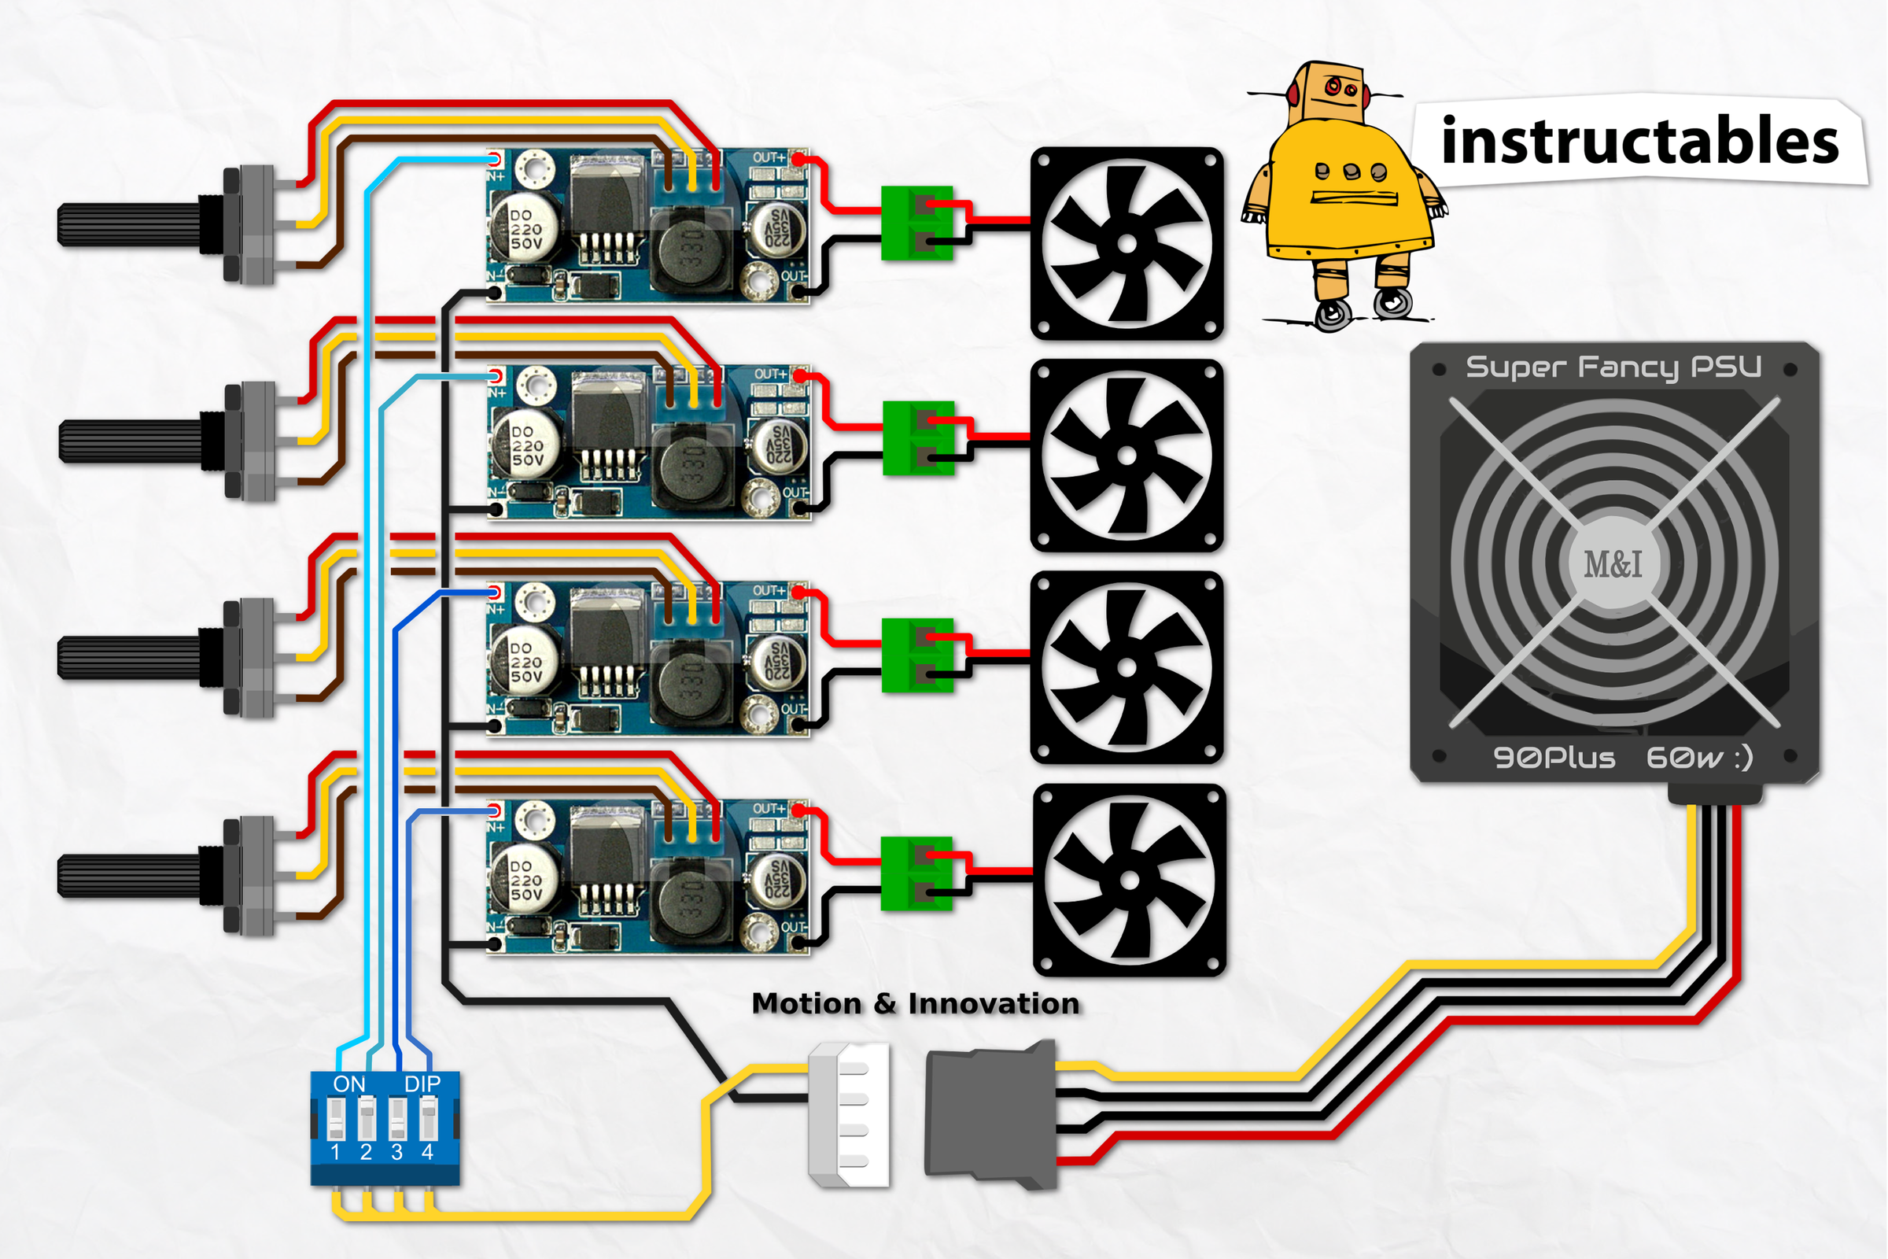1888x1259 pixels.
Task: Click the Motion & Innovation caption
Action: pos(915,1004)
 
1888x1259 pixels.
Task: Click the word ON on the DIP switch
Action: pos(349,1084)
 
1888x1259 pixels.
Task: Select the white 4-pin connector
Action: pos(850,1114)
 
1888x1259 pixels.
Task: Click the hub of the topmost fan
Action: pos(1127,244)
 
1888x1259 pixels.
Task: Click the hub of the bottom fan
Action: pos(1129,881)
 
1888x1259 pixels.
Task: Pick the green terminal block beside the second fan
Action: pos(918,438)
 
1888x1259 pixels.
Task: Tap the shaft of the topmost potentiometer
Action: pos(128,225)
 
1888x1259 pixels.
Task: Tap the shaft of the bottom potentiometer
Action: pos(128,876)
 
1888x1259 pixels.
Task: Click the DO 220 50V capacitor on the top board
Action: pos(525,228)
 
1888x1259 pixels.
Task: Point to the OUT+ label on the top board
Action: pos(769,157)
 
